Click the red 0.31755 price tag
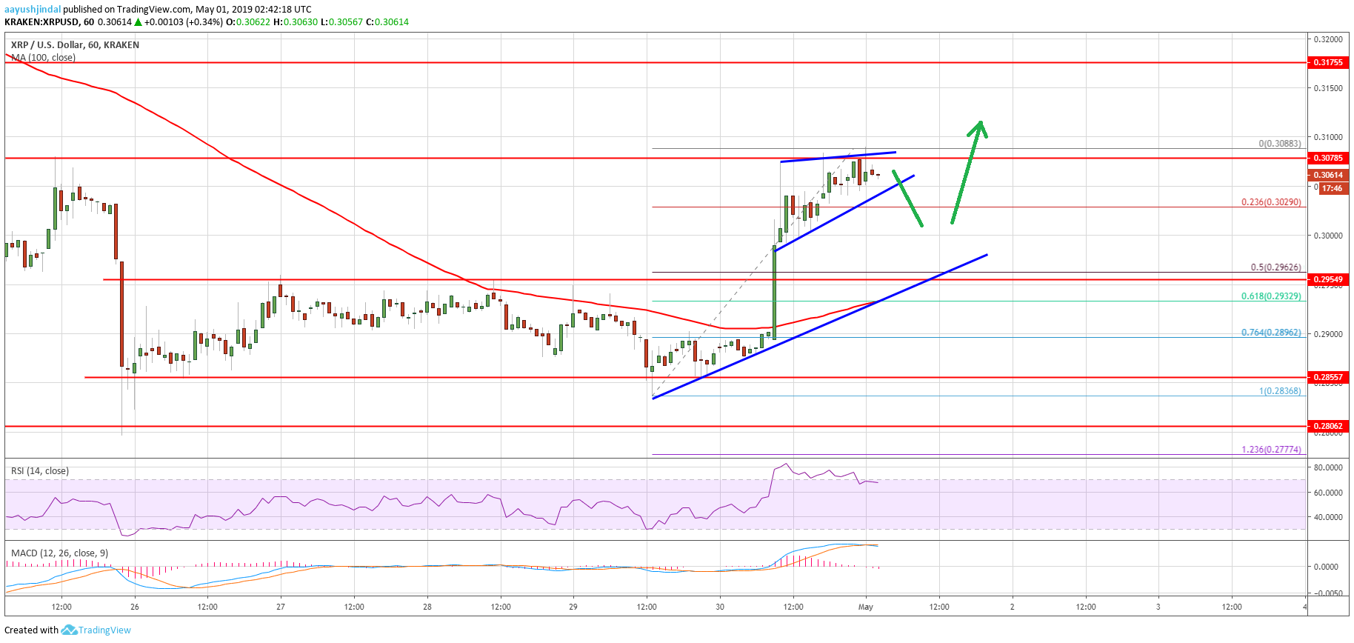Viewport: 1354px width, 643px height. pos(1327,62)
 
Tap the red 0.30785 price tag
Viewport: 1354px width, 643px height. pos(1327,158)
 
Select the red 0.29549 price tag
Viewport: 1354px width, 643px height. pos(1327,279)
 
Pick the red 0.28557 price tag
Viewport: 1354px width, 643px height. pos(1327,377)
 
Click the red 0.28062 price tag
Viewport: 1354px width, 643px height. pos(1327,426)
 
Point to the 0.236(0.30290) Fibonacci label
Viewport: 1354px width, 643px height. pos(1271,202)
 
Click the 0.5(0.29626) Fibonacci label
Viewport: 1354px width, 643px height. pos(1275,267)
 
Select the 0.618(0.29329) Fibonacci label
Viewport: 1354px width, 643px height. pos(1271,296)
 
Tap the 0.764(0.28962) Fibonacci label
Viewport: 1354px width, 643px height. pos(1271,333)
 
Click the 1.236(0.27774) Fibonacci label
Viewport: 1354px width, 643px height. pos(1271,450)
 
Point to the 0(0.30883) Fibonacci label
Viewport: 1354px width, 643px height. pos(1279,144)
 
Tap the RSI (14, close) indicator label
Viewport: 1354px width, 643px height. pos(40,471)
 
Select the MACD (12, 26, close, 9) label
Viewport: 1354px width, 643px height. pos(60,553)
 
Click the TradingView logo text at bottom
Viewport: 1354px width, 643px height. pos(104,630)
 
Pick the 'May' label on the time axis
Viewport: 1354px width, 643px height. pos(865,607)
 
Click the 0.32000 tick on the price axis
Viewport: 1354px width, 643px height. pos(1328,39)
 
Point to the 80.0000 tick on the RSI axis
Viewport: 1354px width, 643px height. pos(1328,467)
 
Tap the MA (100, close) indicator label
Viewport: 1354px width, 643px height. pos(43,57)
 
